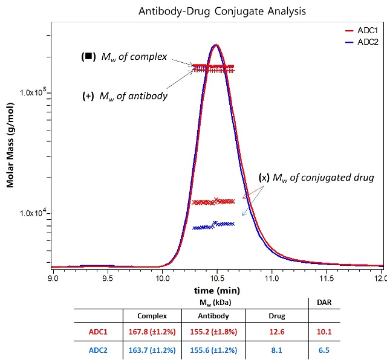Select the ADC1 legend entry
click(364, 30)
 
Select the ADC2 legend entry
click(364, 41)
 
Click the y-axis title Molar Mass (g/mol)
click(10, 151)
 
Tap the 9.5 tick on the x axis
click(108, 279)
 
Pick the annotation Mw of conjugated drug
click(316, 178)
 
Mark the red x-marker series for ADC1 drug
click(213, 201)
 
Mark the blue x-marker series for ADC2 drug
click(213, 225)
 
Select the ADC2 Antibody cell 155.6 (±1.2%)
click(215, 349)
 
